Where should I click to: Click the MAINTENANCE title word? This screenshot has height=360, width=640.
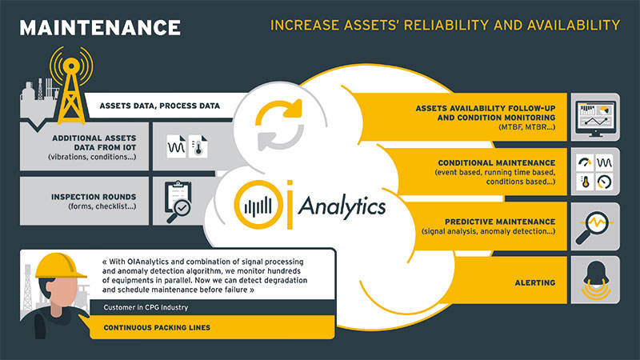[x=100, y=28]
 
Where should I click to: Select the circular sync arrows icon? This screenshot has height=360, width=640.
[x=279, y=125]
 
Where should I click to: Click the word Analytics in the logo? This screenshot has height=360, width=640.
[x=342, y=206]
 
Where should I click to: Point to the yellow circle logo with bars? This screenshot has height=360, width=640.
[x=258, y=204]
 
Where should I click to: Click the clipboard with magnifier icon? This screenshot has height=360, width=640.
[x=178, y=202]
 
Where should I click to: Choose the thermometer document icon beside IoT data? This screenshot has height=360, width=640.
[x=198, y=146]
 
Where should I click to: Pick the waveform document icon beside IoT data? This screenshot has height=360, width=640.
[x=176, y=146]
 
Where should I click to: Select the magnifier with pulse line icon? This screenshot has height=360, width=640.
[x=594, y=226]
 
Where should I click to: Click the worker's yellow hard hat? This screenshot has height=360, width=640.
[x=61, y=266]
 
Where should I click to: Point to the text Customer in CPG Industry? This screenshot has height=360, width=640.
[x=146, y=307]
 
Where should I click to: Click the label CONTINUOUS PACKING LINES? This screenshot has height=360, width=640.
[x=157, y=327]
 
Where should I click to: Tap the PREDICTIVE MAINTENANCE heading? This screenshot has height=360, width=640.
[x=500, y=222]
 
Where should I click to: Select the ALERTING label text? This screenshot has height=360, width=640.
[x=535, y=282]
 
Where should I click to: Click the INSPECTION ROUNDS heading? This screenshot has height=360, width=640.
[x=94, y=197]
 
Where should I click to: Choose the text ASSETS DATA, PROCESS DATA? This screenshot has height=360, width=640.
[x=159, y=106]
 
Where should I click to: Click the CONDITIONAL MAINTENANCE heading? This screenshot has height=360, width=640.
[x=497, y=162]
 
